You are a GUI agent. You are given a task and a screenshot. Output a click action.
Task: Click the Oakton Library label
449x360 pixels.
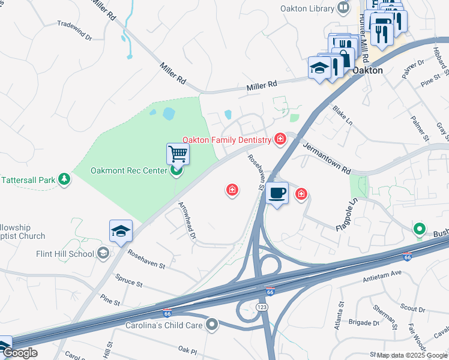[307, 8]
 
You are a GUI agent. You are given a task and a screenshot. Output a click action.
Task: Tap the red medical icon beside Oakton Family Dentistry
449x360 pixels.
[280, 140]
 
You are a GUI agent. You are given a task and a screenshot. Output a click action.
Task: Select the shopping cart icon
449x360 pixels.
[178, 154]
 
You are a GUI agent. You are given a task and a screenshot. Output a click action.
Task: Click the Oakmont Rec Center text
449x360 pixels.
[128, 170]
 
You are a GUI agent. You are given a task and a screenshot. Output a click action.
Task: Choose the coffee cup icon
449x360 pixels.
[277, 193]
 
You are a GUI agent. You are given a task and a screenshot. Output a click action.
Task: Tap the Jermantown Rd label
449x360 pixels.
[326, 158]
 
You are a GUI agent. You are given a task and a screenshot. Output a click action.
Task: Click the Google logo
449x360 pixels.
[20, 353]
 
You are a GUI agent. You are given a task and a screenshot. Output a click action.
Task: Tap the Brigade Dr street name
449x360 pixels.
[364, 323]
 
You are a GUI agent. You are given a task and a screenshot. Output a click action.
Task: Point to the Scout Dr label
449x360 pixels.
[412, 309]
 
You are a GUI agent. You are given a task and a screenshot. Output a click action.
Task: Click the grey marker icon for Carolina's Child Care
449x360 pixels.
[211, 325]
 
